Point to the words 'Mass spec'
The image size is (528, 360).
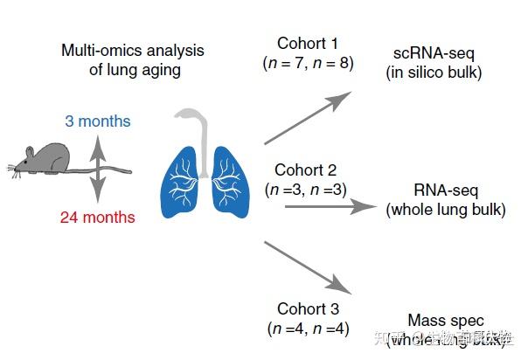[x=445, y=321]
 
